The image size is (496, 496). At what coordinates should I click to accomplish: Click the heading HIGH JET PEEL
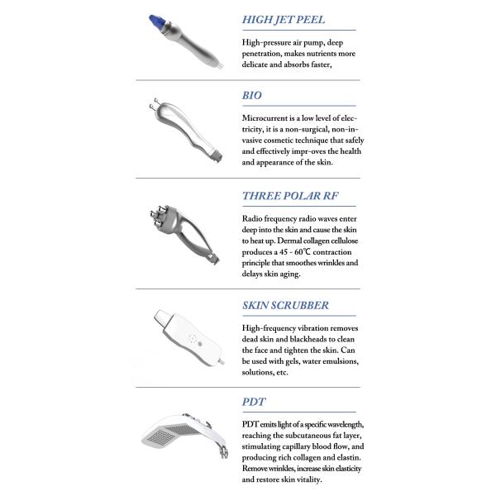coord(284,20)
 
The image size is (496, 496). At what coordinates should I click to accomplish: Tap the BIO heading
coord(252,95)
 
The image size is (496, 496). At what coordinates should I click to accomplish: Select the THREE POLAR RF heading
coord(290,196)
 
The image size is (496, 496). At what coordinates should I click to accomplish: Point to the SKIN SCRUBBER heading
coord(285,305)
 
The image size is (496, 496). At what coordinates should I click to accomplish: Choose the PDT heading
coord(254,402)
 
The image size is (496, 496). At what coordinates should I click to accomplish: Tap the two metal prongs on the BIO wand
coord(154,104)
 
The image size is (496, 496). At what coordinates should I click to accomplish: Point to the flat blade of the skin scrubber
coord(163,317)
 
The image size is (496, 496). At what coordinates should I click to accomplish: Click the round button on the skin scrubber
coord(199,344)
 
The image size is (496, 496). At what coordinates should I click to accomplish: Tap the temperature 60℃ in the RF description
coord(303,252)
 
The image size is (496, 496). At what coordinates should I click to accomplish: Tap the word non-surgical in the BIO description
coord(307,130)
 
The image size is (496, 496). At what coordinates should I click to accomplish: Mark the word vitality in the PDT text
coord(308,479)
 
